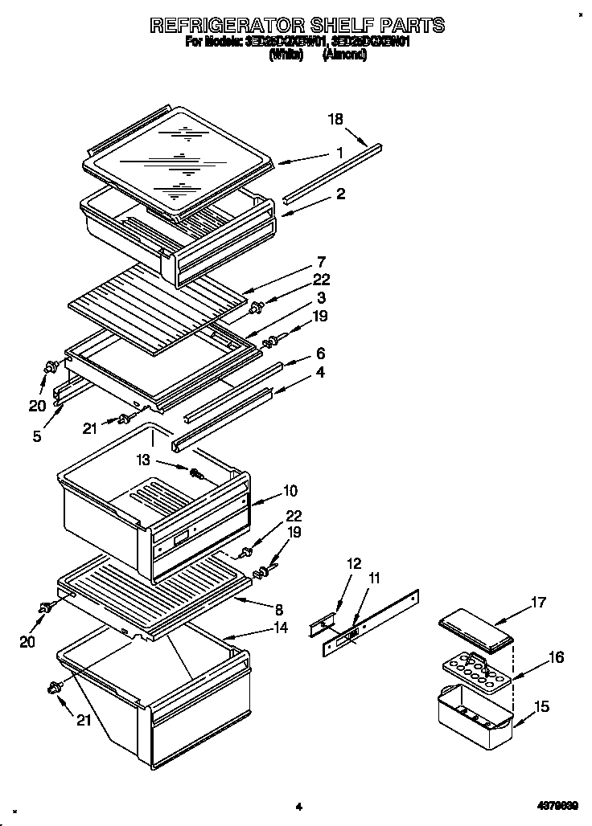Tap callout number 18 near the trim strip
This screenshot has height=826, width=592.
tap(335, 120)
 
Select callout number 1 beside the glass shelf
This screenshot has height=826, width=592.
tap(340, 153)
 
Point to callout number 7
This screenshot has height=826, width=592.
tap(320, 262)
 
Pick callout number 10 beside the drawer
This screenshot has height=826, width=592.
tap(290, 490)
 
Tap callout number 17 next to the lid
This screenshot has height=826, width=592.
tap(538, 601)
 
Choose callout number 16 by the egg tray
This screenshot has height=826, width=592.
tap(556, 658)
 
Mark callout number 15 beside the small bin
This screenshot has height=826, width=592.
tap(541, 706)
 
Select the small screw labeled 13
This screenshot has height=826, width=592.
tap(195, 473)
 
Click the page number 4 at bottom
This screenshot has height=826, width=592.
tap(298, 806)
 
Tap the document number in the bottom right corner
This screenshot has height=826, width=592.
tap(557, 806)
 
